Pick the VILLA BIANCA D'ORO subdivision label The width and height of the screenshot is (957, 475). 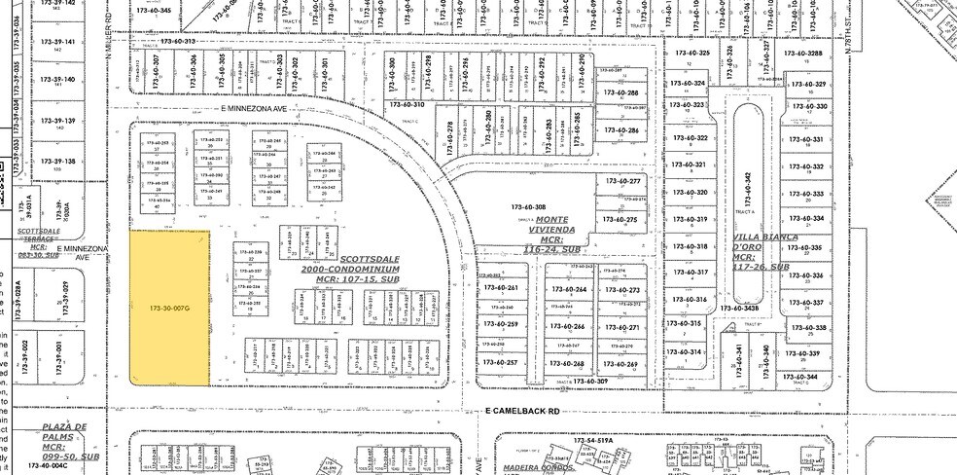pyautogui.click(x=765, y=252)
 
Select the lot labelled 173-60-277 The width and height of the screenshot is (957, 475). pyautogui.click(x=622, y=182)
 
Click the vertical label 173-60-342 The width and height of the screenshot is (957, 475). pyautogui.click(x=748, y=189)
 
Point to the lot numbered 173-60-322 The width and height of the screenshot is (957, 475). pyautogui.click(x=690, y=138)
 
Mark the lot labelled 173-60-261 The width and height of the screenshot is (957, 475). pyautogui.click(x=499, y=288)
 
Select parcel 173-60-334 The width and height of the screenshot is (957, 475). pyautogui.click(x=807, y=219)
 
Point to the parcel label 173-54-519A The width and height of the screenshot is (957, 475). pyautogui.click(x=591, y=441)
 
